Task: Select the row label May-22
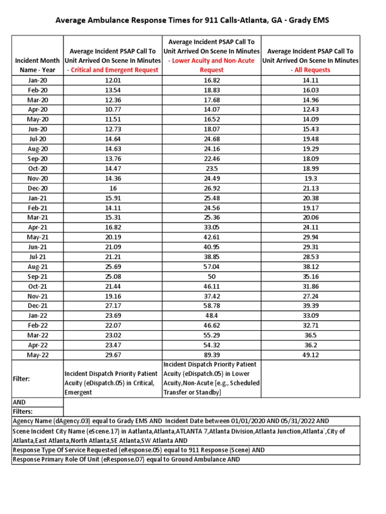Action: [x=38, y=354]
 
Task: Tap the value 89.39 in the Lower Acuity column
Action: [x=212, y=354]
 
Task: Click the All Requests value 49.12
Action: [x=310, y=354]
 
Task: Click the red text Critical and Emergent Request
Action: [x=115, y=70]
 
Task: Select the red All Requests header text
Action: [x=312, y=70]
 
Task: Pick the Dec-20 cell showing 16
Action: [x=113, y=188]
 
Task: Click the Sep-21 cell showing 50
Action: [x=212, y=276]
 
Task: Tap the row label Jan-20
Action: [x=38, y=80]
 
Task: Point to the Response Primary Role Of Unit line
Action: [x=126, y=459]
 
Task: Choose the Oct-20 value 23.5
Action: [x=212, y=168]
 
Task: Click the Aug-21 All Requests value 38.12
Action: [x=310, y=266]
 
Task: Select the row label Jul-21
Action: [x=38, y=256]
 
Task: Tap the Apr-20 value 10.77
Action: [x=113, y=109]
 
